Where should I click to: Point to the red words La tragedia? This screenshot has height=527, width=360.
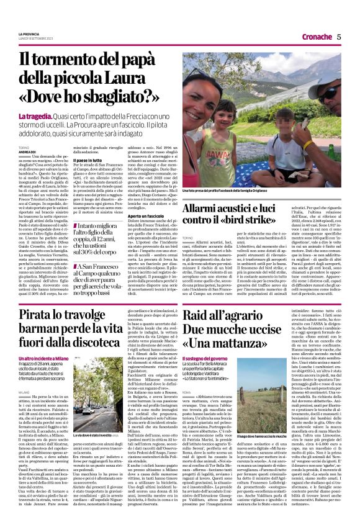(x=35, y=117)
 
